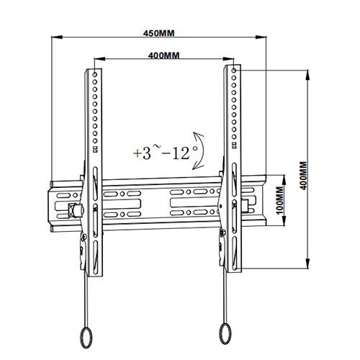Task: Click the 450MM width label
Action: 160,32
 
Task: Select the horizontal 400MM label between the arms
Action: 163,55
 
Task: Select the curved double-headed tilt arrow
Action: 200,150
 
